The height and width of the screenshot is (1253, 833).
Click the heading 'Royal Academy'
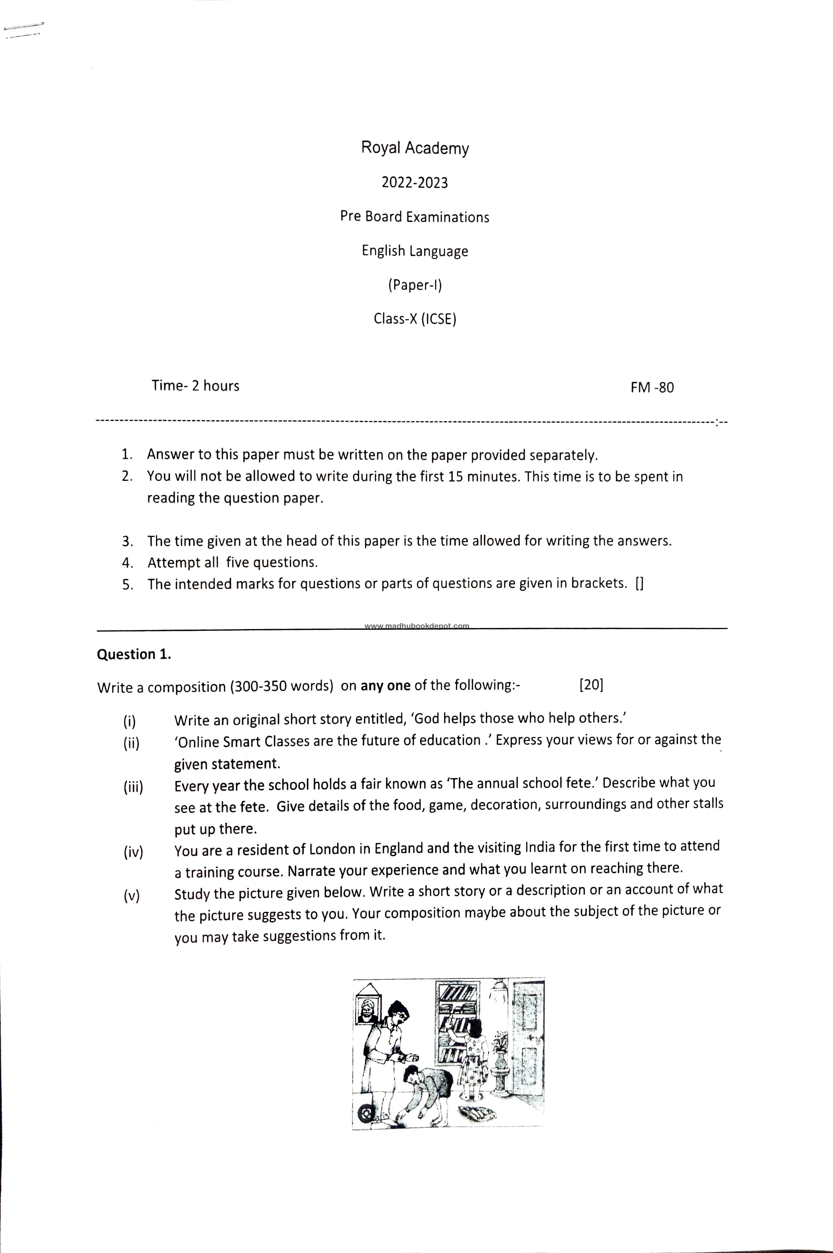tap(415, 148)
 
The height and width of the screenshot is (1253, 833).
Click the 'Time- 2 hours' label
tap(195, 385)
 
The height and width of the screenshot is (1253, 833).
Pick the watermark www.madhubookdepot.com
tap(416, 625)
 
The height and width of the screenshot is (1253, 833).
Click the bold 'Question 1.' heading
tap(134, 654)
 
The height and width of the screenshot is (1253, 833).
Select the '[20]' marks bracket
tap(591, 684)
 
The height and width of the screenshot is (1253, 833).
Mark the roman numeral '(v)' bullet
tap(131, 896)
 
